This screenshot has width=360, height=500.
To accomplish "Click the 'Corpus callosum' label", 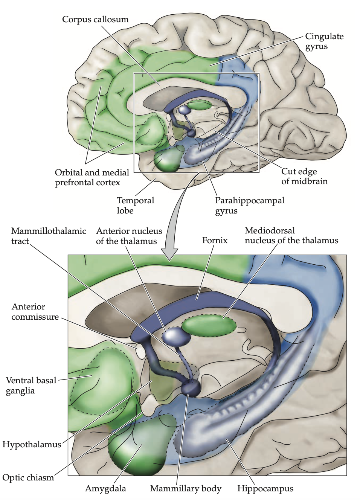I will coord(95,19).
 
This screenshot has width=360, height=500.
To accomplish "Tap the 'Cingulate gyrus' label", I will coord(324,41).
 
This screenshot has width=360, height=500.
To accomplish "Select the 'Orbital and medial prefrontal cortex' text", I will coord(92,177).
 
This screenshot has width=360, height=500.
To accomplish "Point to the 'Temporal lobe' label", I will coord(135,205).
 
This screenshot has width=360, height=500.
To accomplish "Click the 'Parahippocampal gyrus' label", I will coord(249,205).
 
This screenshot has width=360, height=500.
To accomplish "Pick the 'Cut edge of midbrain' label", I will coord(304,176).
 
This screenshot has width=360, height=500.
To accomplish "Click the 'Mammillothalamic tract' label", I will coord(49,236).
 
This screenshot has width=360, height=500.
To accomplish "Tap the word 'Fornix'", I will coord(215,240).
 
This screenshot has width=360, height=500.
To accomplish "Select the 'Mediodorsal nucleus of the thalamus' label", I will coord(291,235).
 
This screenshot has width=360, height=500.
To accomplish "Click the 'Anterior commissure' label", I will coord(35,312).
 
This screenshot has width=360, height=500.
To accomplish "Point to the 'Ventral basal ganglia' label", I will coord(31,385).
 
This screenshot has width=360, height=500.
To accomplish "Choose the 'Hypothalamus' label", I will coord(32,444).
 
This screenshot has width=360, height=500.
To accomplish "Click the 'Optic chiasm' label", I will coord(28,477).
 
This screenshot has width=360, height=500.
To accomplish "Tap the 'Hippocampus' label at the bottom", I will coord(265,489).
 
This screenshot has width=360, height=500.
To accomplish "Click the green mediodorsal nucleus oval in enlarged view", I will coord(209,326).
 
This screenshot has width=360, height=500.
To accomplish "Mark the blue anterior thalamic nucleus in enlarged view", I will coord(176,336).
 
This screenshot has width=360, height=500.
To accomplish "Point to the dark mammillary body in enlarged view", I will coord(191,388).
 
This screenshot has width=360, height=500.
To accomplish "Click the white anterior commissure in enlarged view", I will coord(140,350).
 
